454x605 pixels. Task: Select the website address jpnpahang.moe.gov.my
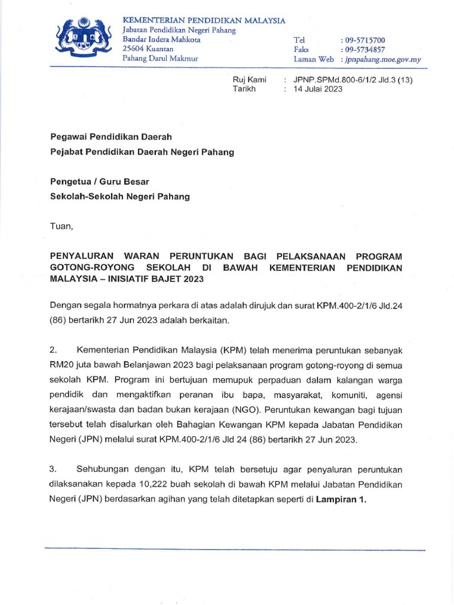[382, 60]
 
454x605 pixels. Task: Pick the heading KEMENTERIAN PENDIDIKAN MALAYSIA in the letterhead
[203, 21]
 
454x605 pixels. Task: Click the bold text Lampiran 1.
[341, 499]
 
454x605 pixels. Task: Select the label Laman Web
[313, 60]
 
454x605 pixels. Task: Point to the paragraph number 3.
[53, 470]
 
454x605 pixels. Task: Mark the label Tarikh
[243, 89]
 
